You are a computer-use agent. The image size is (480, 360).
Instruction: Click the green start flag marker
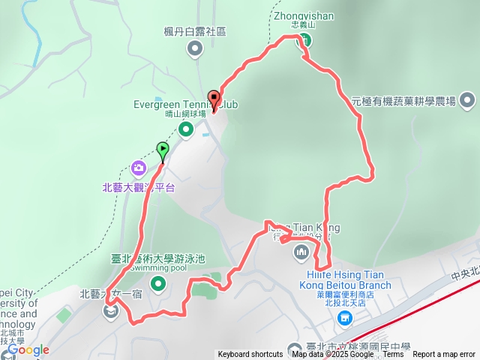pyautogui.click(x=163, y=149)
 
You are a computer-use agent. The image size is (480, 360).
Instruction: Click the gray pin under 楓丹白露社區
pyautogui.click(x=195, y=50)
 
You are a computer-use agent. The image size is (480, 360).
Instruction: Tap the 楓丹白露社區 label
pyautogui.click(x=195, y=31)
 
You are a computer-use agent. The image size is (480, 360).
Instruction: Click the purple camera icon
pyautogui.click(x=138, y=167)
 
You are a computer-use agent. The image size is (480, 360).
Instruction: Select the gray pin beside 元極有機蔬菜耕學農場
pyautogui.click(x=466, y=100)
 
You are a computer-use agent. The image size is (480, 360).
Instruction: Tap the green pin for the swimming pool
pyautogui.click(x=158, y=283)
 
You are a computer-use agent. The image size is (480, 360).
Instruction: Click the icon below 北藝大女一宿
pyautogui.click(x=111, y=310)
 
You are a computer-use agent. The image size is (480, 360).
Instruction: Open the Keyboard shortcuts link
pyautogui.click(x=250, y=355)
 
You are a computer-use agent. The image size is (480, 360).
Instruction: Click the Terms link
pyautogui.click(x=393, y=355)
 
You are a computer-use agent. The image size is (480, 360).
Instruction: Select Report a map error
pyautogui.click(x=444, y=355)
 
